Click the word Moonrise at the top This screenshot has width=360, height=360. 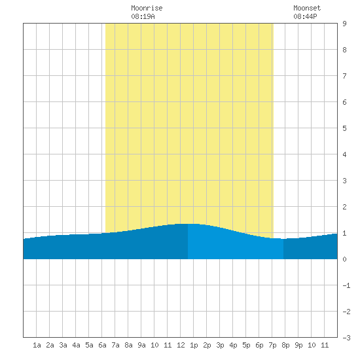147,8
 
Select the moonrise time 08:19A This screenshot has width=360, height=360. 143,16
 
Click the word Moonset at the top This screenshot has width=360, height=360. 307,8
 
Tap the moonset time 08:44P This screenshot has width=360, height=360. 306,16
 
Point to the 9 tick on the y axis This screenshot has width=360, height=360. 344,24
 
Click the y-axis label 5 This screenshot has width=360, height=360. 344,128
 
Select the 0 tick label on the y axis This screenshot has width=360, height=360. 344,259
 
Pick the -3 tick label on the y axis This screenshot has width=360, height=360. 347,338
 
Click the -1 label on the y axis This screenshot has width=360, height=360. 347,285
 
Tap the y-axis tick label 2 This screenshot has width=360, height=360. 344,207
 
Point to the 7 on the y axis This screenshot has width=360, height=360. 344,76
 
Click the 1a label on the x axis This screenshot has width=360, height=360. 37,345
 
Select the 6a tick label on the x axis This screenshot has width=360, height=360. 102,345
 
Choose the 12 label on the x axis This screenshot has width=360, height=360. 181,345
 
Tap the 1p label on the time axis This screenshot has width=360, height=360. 194,345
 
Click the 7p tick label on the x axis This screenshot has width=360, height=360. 272,345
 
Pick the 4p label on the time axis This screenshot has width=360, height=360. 233,345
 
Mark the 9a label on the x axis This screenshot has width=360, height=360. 141,345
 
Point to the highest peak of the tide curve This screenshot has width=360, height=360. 188,224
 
